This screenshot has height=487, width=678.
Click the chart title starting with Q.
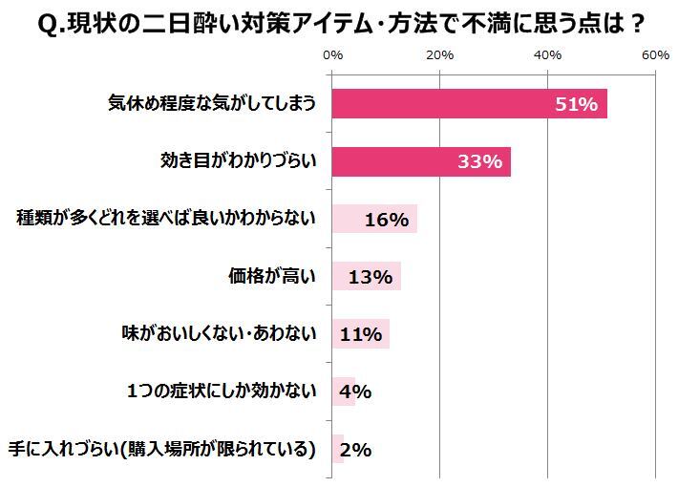(x=339, y=22)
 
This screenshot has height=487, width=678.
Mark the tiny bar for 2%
(x=338, y=448)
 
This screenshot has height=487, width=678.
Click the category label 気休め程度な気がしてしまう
(x=211, y=104)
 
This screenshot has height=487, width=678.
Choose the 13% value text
(x=371, y=278)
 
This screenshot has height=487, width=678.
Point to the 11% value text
(x=361, y=335)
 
